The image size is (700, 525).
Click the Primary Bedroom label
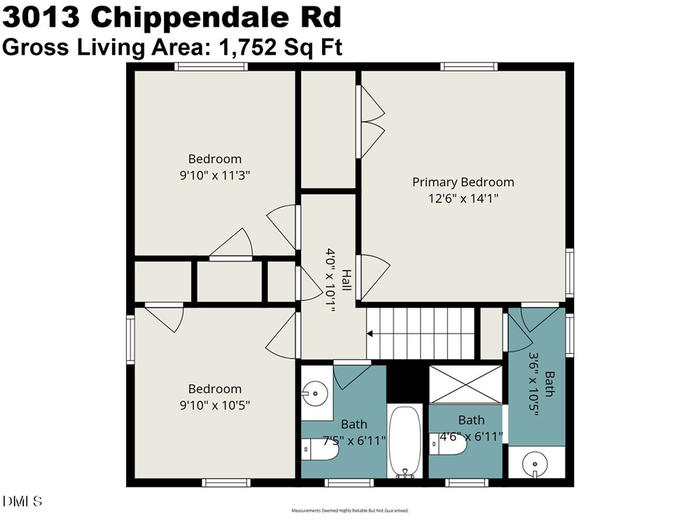pyautogui.click(x=463, y=182)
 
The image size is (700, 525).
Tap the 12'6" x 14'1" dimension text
pyautogui.click(x=463, y=198)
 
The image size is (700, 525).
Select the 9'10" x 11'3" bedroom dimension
pyautogui.click(x=214, y=175)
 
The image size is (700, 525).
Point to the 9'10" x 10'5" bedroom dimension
pyautogui.click(x=214, y=405)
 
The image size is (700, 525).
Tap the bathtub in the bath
pyautogui.click(x=404, y=440)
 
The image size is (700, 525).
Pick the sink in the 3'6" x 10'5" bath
pyautogui.click(x=533, y=464)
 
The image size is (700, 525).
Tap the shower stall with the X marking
pyautogui.click(x=466, y=384)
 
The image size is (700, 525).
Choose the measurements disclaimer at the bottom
pyautogui.click(x=350, y=511)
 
